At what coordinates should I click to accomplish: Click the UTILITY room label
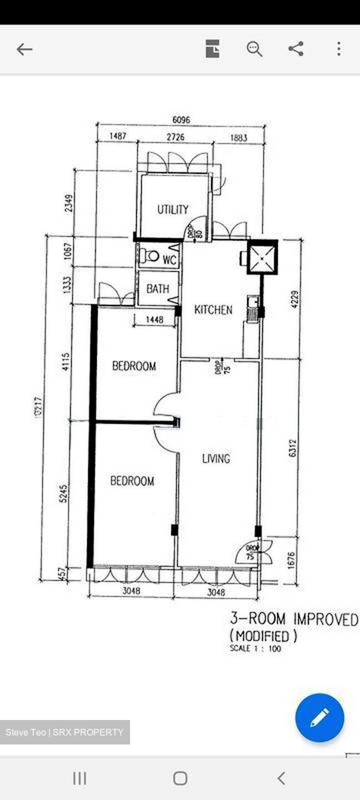click(x=173, y=209)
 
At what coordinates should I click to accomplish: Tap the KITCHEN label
click(x=213, y=310)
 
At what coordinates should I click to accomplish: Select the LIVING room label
click(x=216, y=458)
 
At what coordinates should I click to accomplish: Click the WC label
click(x=169, y=259)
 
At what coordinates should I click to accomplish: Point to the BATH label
click(x=158, y=289)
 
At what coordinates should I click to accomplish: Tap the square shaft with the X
click(x=262, y=257)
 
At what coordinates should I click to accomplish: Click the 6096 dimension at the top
click(x=181, y=119)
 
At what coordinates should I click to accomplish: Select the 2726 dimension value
click(x=175, y=137)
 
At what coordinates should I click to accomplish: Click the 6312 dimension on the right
click(x=293, y=448)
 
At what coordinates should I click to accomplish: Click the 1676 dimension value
click(x=291, y=560)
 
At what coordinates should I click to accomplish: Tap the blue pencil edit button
click(x=319, y=717)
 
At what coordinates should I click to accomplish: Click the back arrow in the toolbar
click(x=24, y=49)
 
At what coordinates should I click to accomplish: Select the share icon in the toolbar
click(x=296, y=49)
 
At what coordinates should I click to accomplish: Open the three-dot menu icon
click(x=338, y=49)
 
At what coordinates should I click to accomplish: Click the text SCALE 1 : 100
click(x=256, y=648)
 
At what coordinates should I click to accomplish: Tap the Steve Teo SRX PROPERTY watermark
click(x=65, y=732)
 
